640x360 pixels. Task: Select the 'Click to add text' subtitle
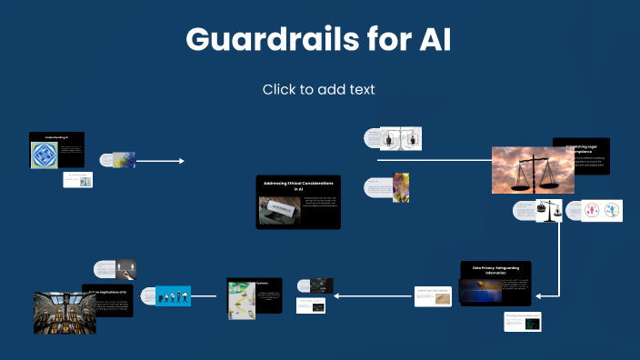(x=319, y=89)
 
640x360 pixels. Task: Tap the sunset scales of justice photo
(x=533, y=171)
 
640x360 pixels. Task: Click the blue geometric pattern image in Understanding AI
(x=45, y=155)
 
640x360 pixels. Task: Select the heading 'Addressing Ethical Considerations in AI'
(x=298, y=185)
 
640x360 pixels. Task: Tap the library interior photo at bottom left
(x=65, y=313)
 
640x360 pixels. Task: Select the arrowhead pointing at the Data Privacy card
(x=539, y=295)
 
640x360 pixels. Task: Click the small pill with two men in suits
(x=400, y=138)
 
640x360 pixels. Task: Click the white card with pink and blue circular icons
(x=601, y=211)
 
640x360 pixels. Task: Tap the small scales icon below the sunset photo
(x=543, y=211)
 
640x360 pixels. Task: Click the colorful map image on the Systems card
(x=239, y=296)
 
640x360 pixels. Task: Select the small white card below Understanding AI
(x=78, y=180)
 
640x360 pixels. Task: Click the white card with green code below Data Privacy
(x=522, y=322)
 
